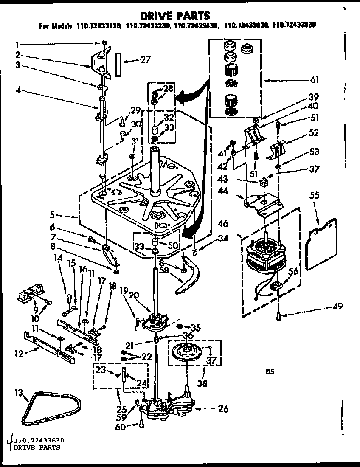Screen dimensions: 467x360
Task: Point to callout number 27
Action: tap(145, 60)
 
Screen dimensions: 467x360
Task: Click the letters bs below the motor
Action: tap(270, 371)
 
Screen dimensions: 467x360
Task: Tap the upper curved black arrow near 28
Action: tap(189, 98)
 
